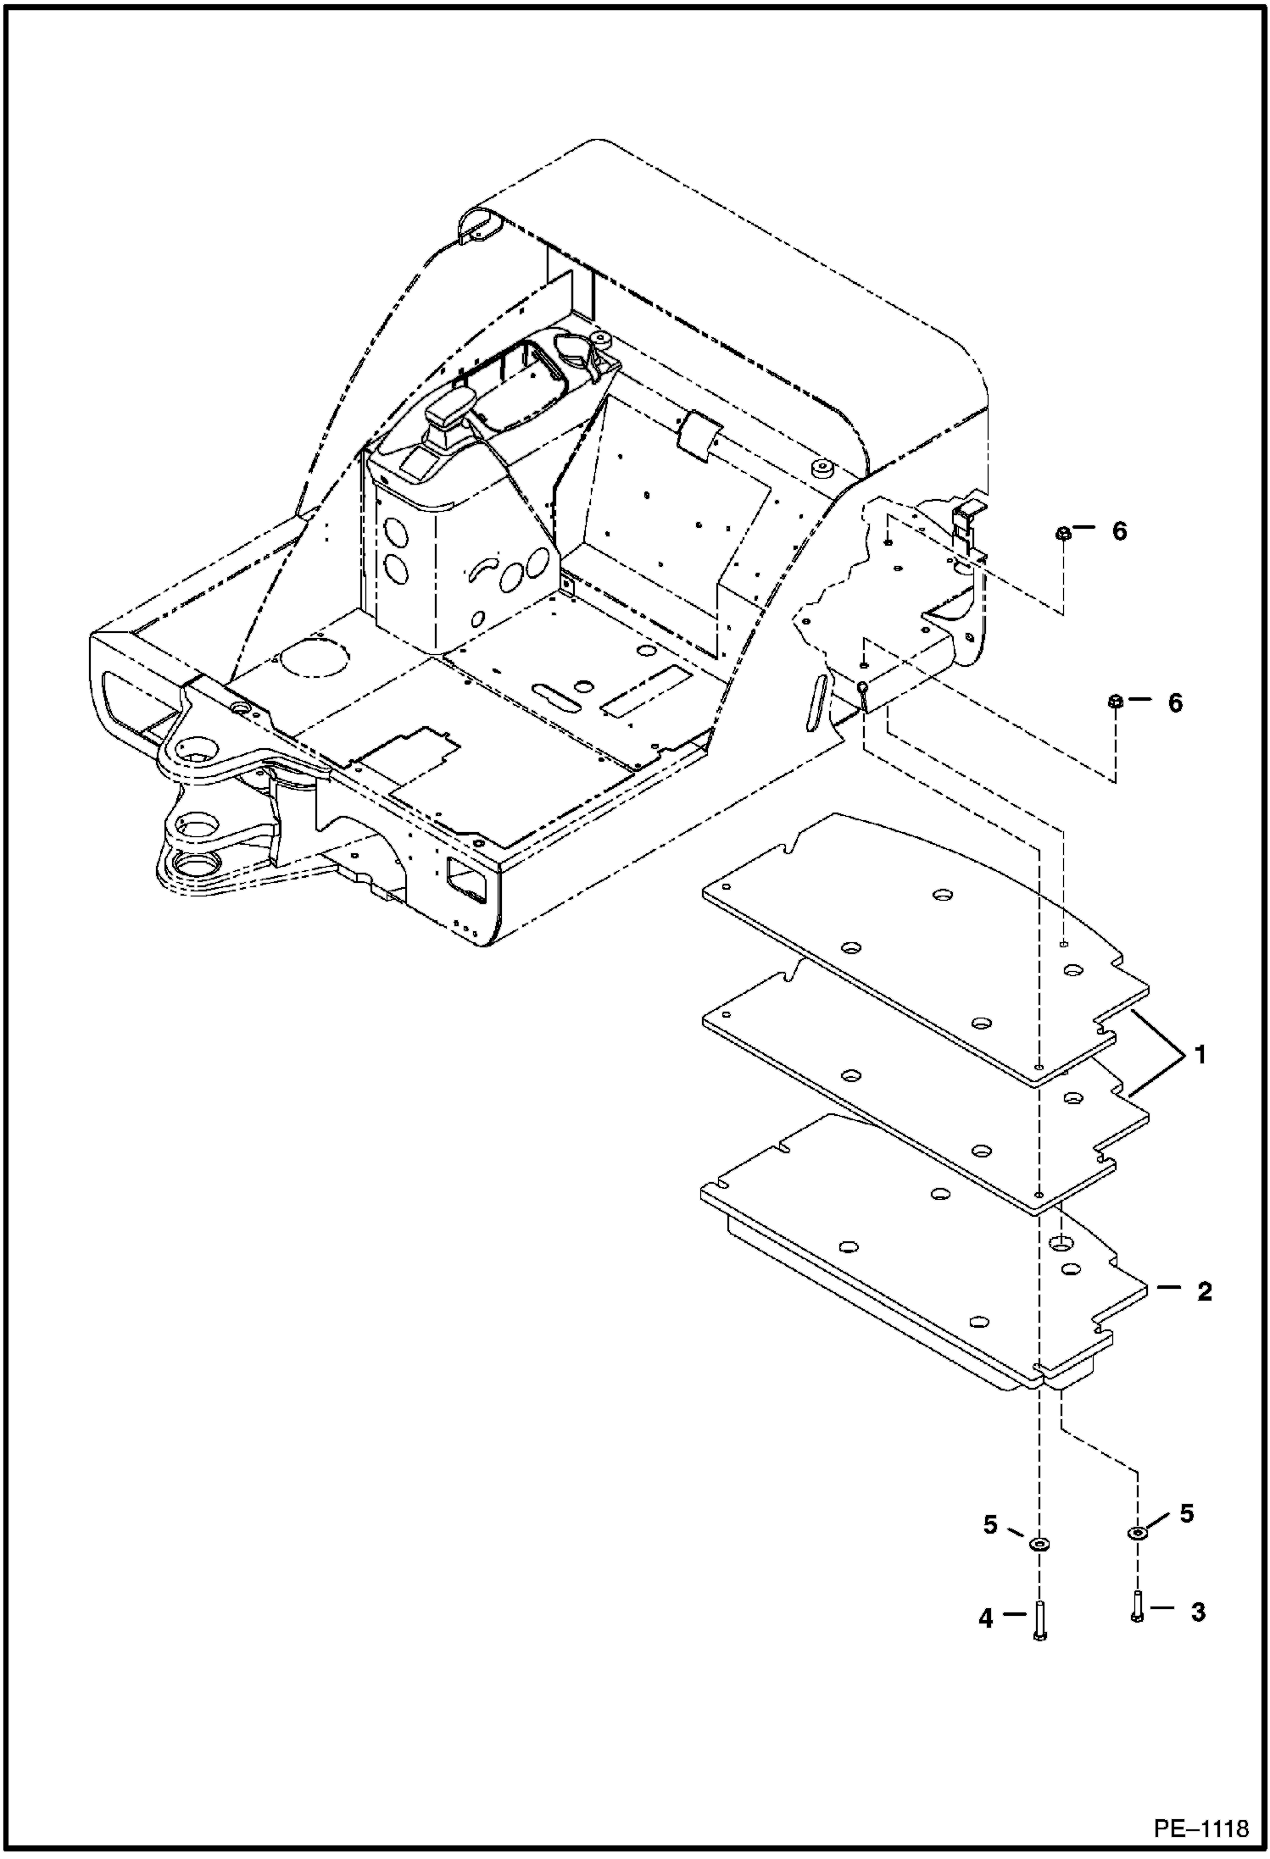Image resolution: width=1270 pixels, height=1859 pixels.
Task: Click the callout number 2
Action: [1204, 1291]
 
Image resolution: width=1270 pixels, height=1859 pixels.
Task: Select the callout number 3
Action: [1197, 1612]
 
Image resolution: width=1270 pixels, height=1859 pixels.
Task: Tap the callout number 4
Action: [985, 1618]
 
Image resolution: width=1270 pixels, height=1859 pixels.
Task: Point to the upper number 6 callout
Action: [1119, 531]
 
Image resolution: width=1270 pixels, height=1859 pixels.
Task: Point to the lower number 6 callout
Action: [1175, 702]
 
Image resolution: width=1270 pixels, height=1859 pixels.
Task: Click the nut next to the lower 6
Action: [1116, 702]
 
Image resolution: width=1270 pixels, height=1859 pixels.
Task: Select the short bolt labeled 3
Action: [1136, 1607]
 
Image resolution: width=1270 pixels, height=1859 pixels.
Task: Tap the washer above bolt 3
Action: [1136, 1532]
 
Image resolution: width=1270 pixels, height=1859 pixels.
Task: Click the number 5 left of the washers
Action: [990, 1525]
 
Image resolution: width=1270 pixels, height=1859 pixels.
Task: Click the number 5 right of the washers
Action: [1186, 1512]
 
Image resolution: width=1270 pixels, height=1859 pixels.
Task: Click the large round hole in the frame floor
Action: [314, 658]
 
